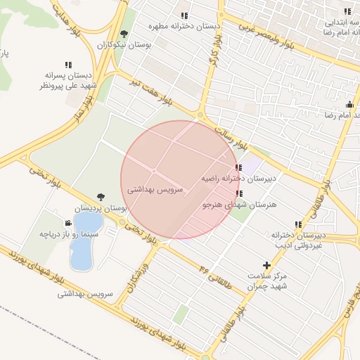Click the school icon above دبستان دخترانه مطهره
(x=184, y=15)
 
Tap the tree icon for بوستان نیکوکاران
(x=124, y=34)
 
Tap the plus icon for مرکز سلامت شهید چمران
(x=266, y=265)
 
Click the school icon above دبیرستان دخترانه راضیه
(x=239, y=167)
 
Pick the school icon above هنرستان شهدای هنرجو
(x=239, y=193)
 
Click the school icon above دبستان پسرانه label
(x=67, y=64)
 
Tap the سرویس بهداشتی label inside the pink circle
(x=156, y=190)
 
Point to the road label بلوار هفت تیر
(x=150, y=92)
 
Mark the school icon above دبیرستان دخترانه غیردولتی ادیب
(x=298, y=225)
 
